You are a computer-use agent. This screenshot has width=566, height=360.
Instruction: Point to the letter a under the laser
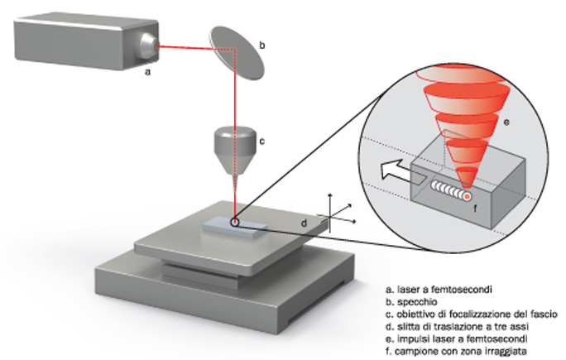[146, 73]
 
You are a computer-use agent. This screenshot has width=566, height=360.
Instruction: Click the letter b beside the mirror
[262, 48]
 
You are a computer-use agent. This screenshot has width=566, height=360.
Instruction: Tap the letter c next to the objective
[261, 141]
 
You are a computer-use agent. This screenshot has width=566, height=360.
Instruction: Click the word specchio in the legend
[415, 303]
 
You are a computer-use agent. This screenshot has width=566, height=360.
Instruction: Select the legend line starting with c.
[472, 314]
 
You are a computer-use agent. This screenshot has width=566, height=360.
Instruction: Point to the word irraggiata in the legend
[512, 351]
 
